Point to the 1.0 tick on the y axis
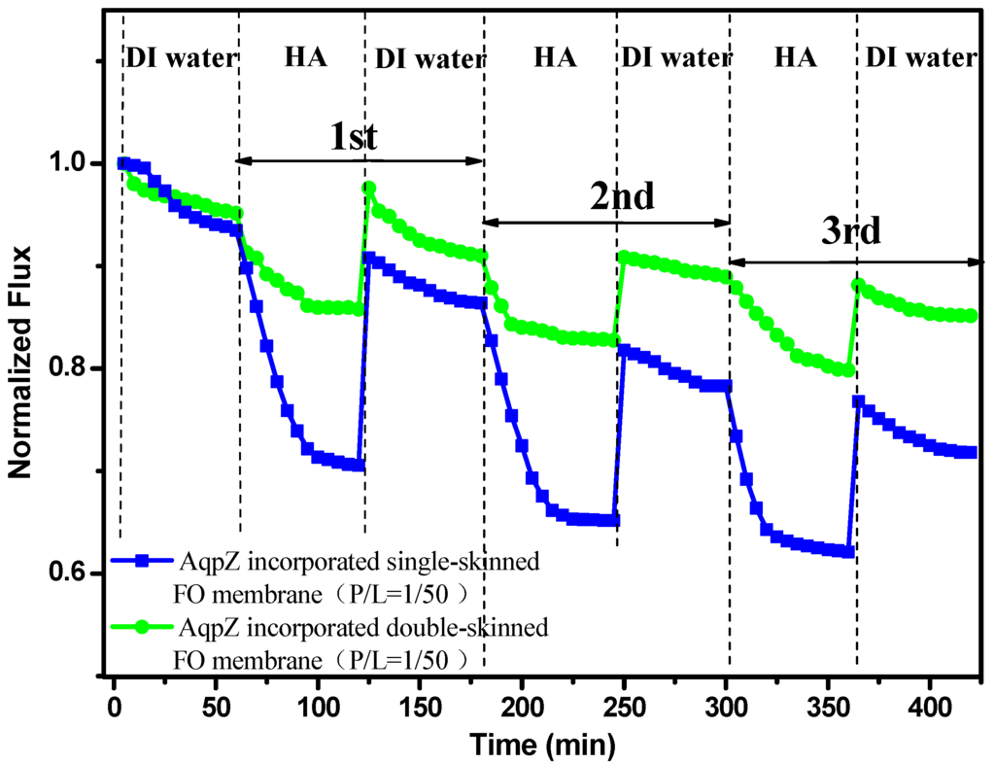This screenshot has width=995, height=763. (x=73, y=163)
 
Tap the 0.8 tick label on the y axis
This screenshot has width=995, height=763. (x=73, y=368)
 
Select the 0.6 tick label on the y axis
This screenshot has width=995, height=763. (x=73, y=573)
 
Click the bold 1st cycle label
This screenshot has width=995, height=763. (x=353, y=137)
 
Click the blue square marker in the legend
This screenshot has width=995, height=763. (x=142, y=560)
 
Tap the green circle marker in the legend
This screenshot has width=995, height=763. (x=142, y=627)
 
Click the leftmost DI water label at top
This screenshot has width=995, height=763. (x=181, y=58)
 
